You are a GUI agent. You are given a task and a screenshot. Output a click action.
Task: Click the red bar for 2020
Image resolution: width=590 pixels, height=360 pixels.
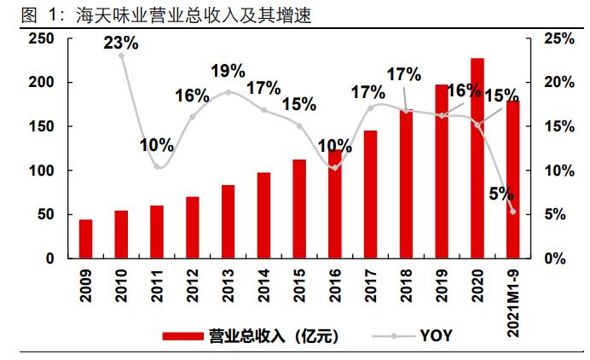coord(477,158)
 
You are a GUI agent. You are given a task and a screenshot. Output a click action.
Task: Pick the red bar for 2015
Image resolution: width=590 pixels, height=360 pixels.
coord(299,208)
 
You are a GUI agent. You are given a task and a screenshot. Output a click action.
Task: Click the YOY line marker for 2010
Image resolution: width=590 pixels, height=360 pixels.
coord(122,55)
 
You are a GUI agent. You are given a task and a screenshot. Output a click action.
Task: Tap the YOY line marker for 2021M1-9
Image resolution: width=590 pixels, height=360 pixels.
coord(512,212)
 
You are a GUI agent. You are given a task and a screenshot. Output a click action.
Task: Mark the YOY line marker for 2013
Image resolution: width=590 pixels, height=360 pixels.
coord(228,92)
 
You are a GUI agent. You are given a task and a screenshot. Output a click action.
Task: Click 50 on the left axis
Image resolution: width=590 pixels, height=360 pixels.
coord(45,214)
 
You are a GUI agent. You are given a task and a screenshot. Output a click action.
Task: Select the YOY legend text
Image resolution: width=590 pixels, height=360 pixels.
coord(436,336)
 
